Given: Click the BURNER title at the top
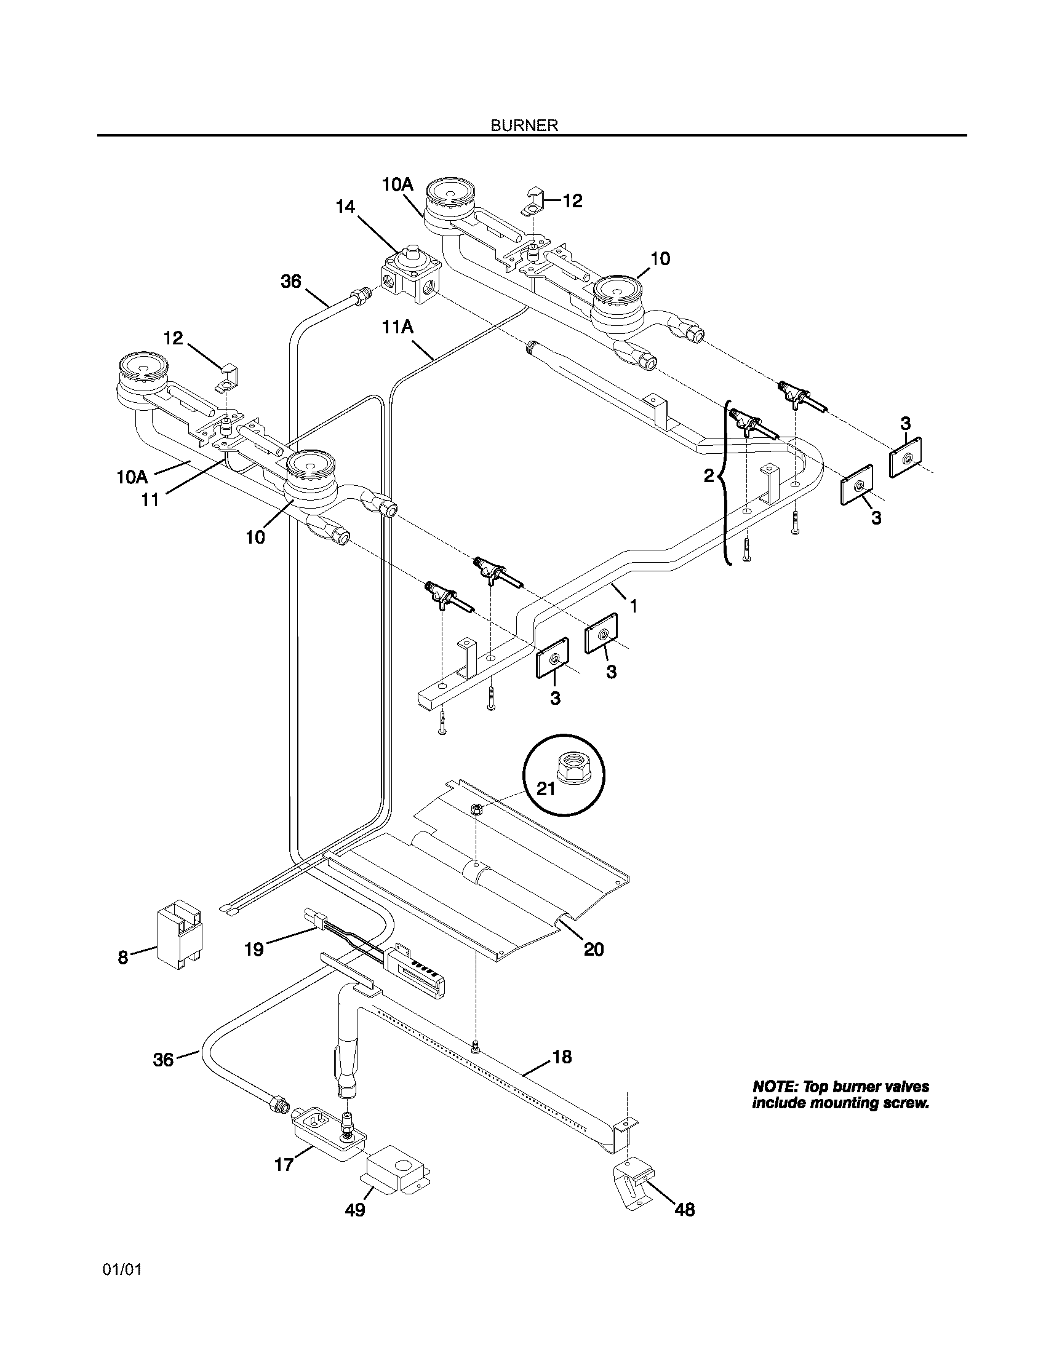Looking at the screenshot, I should [x=524, y=125].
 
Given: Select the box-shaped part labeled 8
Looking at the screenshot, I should [x=179, y=934].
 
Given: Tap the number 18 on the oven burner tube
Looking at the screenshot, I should [x=561, y=1056].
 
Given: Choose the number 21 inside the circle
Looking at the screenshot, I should [x=545, y=788].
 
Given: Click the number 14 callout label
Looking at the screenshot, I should [x=346, y=206].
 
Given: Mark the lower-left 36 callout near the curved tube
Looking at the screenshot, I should [x=164, y=1060].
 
